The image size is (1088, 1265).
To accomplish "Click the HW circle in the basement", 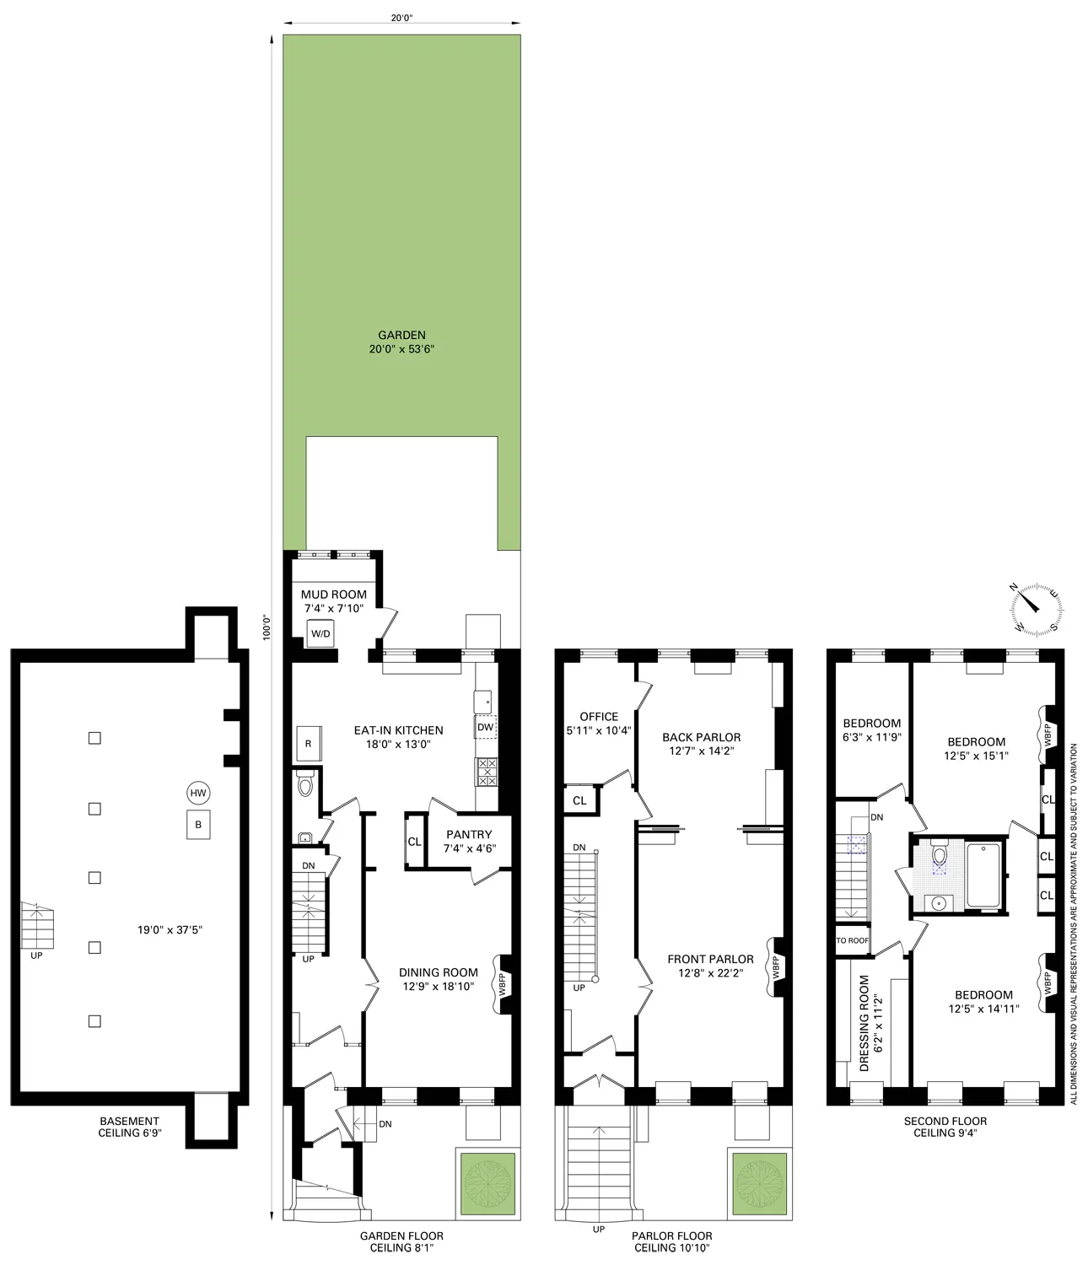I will pos(198,793).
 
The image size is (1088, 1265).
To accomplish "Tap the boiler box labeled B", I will pos(198,825).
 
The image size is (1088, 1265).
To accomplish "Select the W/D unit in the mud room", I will pos(320,633).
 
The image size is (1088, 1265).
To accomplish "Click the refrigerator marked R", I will pos(308,744).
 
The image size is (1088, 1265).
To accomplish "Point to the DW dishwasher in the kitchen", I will pos(485,727).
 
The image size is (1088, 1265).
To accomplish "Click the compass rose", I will pos(1036,608).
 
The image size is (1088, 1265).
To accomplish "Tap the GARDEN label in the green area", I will pos(401,335).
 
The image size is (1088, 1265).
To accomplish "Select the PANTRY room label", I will pos(468,835).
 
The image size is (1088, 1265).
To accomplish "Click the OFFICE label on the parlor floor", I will pos(599,717).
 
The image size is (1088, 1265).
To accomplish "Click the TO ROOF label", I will pos(852,940).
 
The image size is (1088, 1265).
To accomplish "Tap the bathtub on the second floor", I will pos(983,875).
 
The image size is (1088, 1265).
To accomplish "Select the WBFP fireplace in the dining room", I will pos(504,983).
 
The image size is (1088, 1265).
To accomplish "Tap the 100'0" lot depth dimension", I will pos(267,628).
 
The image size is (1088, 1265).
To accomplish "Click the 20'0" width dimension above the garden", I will pos(401,16).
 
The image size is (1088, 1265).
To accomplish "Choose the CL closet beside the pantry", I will pos(414,842).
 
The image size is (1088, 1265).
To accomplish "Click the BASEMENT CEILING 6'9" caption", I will pos(130,1128).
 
